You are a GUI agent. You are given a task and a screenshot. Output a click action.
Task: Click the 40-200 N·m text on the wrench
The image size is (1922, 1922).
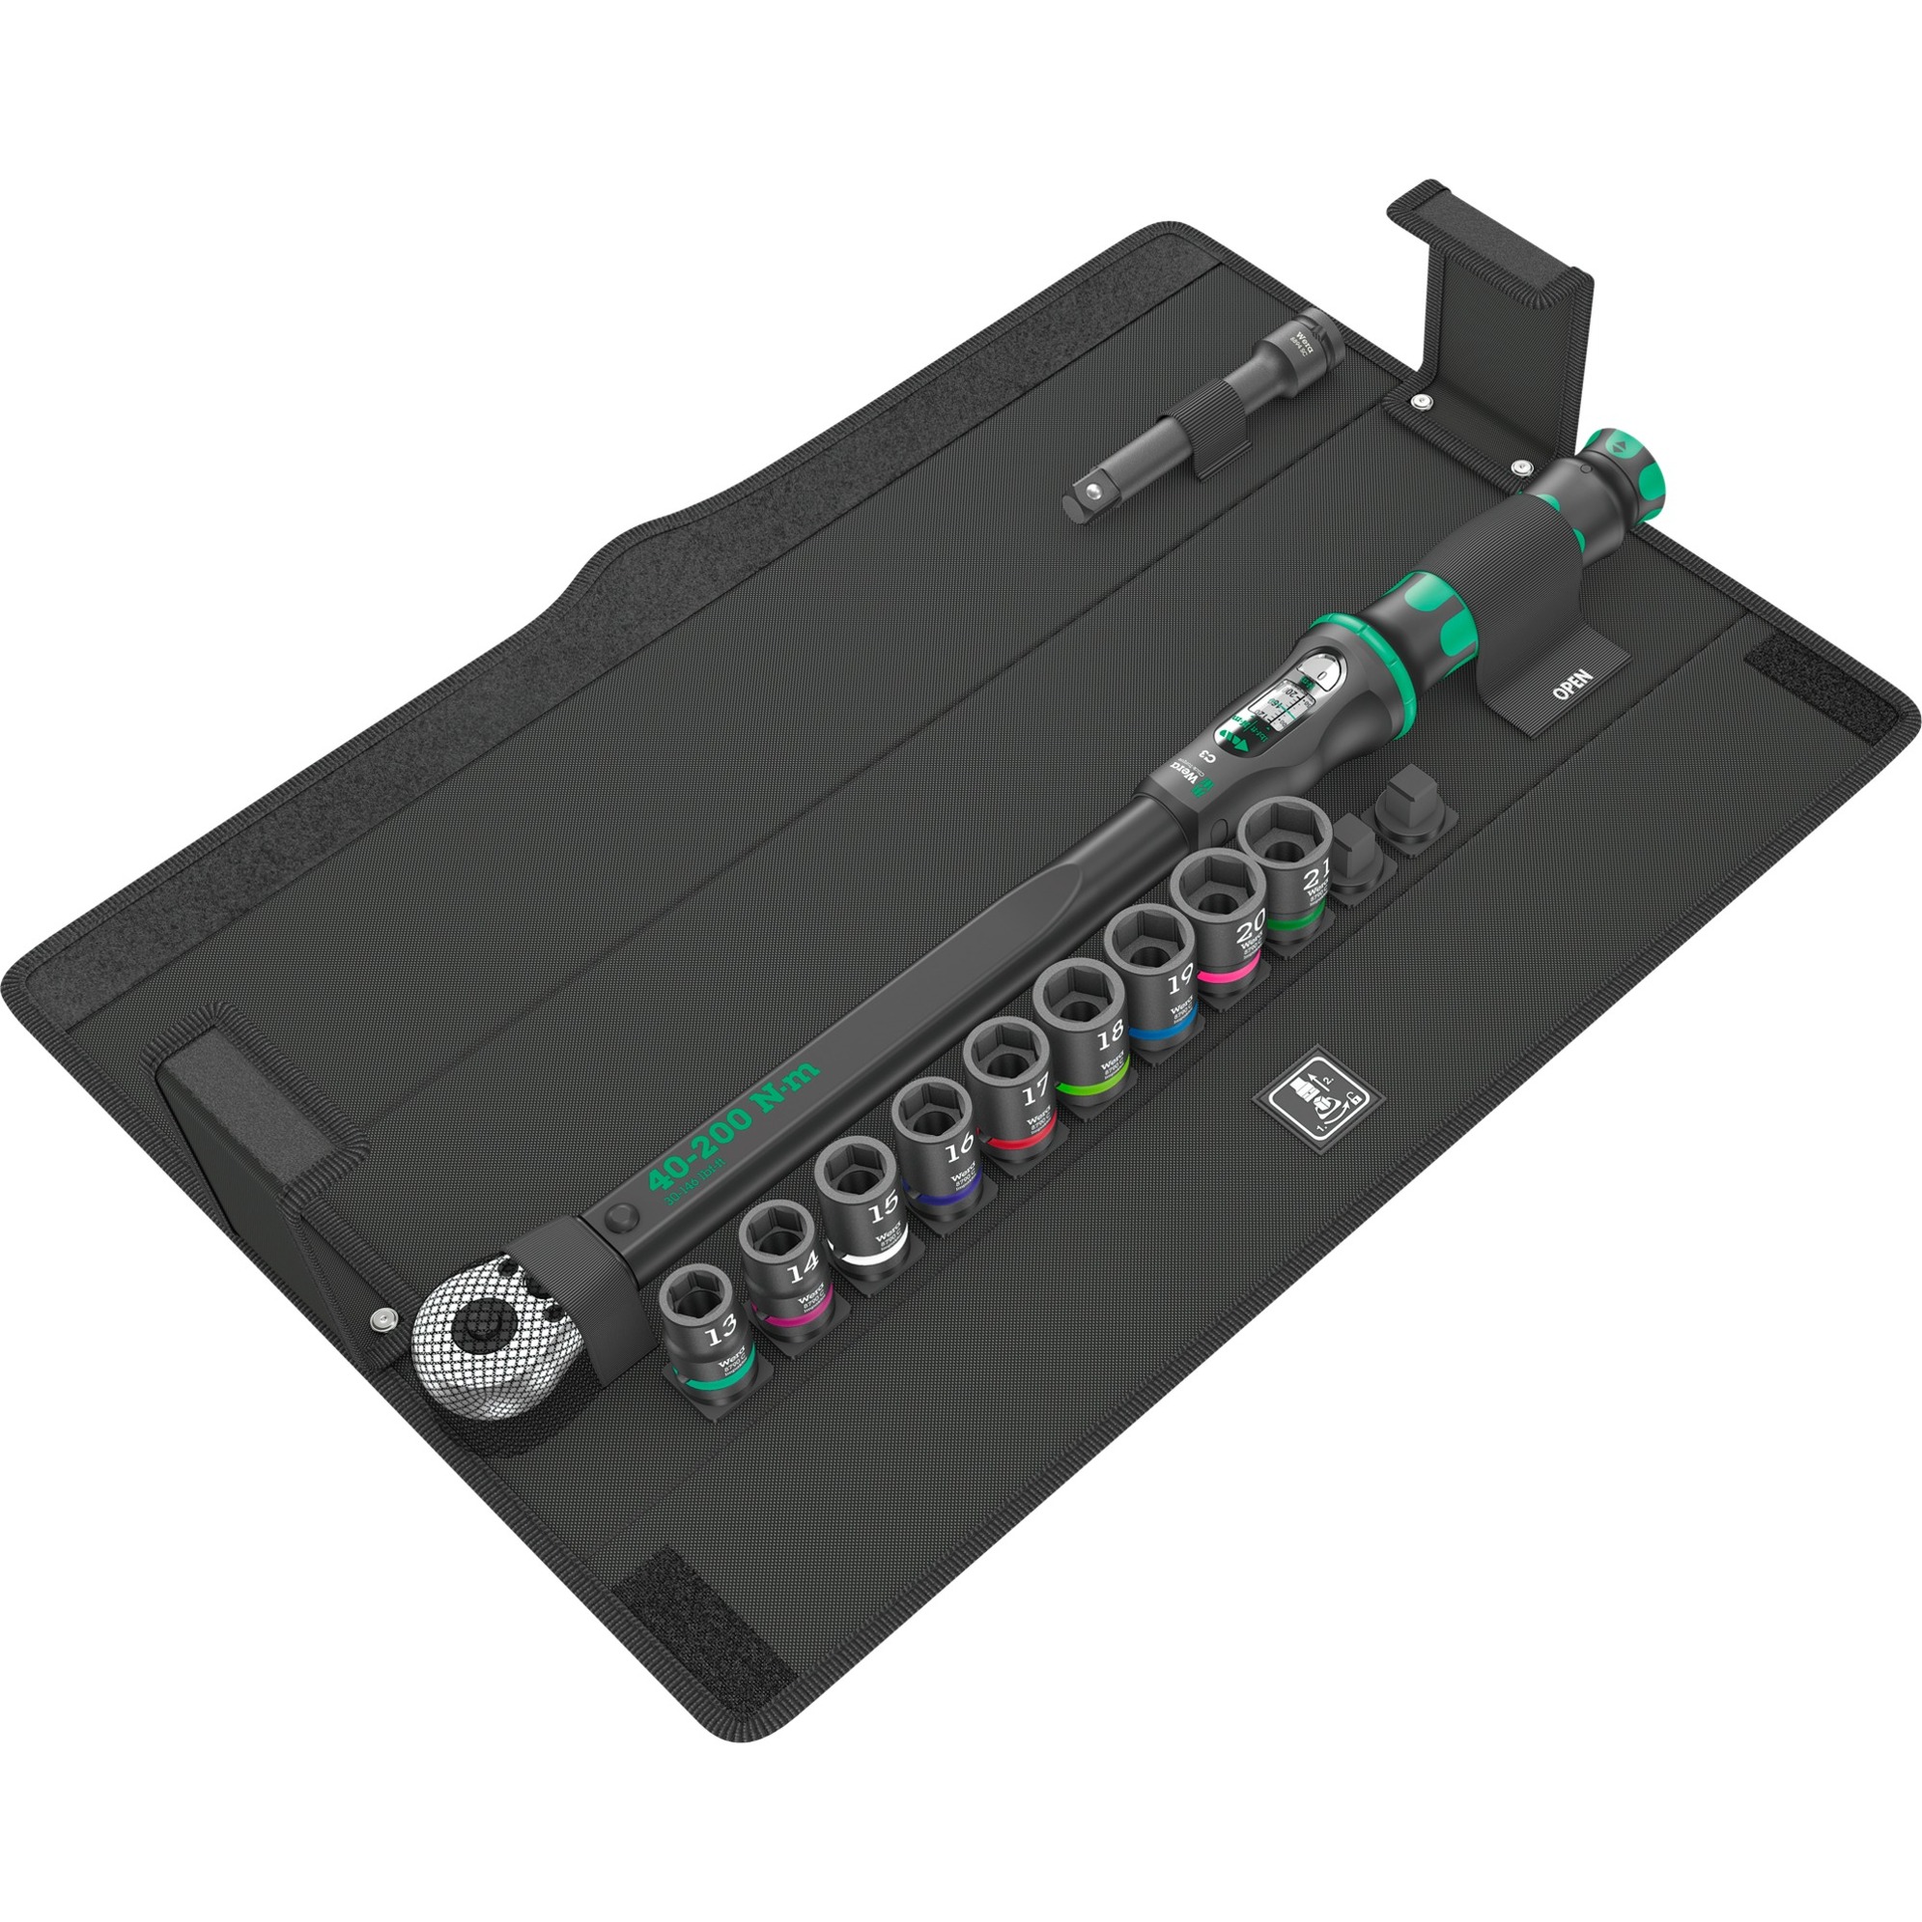pos(732,1124)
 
